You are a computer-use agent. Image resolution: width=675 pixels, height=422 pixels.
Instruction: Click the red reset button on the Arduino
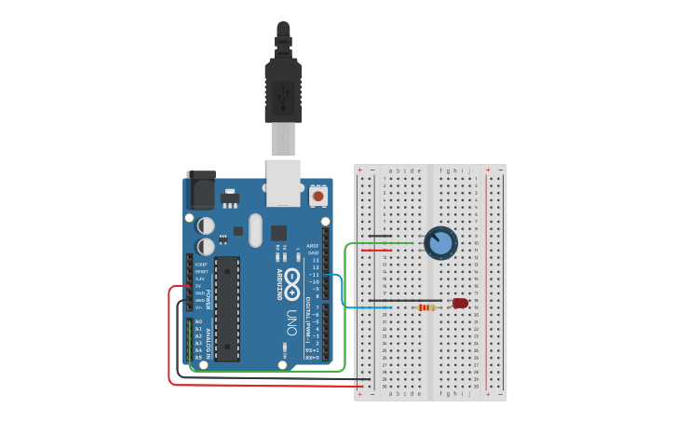click(x=319, y=196)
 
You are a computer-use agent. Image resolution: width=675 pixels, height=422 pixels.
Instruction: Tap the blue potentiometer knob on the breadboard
click(x=440, y=244)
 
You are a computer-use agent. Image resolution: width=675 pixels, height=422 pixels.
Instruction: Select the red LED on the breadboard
click(x=460, y=303)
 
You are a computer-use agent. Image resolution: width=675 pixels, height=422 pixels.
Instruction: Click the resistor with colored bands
click(x=427, y=307)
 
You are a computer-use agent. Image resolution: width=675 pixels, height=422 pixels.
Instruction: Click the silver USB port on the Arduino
click(x=283, y=182)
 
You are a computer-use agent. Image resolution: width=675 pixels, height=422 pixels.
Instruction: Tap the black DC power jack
click(x=200, y=191)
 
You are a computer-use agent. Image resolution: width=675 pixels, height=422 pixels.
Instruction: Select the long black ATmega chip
click(x=227, y=308)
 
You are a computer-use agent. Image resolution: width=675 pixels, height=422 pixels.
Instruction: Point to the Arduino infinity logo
click(x=291, y=279)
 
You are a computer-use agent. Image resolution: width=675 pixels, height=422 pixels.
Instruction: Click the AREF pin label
click(x=313, y=245)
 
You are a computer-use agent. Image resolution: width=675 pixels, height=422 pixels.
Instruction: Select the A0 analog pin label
click(x=198, y=321)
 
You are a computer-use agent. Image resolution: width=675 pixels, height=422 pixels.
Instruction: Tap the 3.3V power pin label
click(x=200, y=278)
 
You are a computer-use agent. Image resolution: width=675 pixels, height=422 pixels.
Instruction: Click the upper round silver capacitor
click(x=207, y=225)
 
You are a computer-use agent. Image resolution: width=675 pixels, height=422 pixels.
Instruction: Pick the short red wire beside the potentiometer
click(x=376, y=251)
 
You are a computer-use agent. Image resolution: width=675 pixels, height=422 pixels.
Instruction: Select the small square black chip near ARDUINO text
click(x=279, y=232)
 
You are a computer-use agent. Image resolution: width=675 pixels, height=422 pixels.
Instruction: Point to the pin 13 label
click(x=314, y=260)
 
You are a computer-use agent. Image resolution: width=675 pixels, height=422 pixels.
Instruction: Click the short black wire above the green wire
click(x=379, y=237)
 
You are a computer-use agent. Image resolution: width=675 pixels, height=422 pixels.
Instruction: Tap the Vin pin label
click(x=199, y=307)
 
